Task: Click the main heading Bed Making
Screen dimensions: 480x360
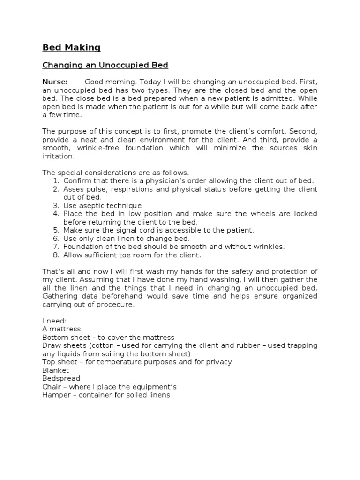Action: pos(71,47)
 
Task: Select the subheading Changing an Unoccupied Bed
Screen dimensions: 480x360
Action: pos(105,65)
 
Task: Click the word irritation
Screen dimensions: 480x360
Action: pos(58,156)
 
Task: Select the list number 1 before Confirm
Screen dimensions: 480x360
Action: pos(55,181)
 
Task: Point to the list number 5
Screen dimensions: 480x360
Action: pos(55,230)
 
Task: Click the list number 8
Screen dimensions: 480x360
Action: pos(55,255)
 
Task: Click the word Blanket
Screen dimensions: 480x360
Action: pos(55,370)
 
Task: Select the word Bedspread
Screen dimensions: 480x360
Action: pos(61,378)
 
